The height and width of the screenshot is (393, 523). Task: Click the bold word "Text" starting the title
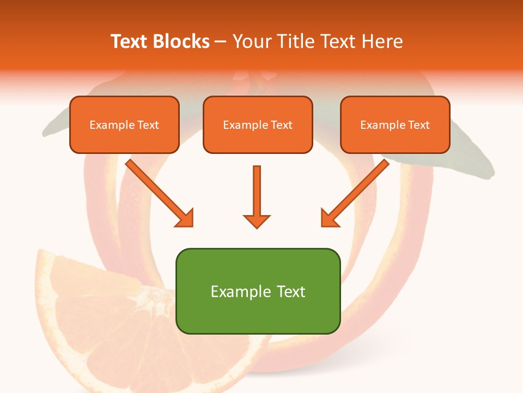[129, 41]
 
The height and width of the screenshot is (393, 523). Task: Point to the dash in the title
[221, 42]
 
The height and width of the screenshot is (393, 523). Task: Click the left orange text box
[124, 124]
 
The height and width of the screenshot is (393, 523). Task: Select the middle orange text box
[258, 124]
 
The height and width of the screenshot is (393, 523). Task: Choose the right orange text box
[395, 124]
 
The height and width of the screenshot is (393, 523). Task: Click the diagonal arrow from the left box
[158, 192]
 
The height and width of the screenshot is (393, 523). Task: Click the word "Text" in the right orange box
[418, 125]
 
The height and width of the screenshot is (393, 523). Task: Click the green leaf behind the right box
[463, 164]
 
